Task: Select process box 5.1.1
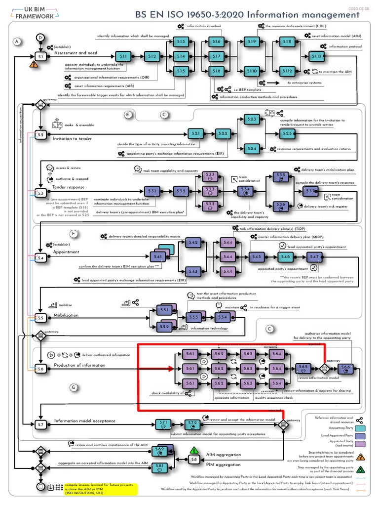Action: tap(123, 57)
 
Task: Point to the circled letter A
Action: tap(18, 42)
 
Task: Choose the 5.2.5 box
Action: tap(286, 133)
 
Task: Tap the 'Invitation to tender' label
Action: tap(72, 138)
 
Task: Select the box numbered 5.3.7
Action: tap(311, 190)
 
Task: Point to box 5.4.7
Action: tap(314, 257)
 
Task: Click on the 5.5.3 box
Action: tap(193, 317)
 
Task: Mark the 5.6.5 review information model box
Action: tap(303, 368)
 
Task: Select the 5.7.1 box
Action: tap(163, 423)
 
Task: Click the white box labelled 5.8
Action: tap(194, 459)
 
